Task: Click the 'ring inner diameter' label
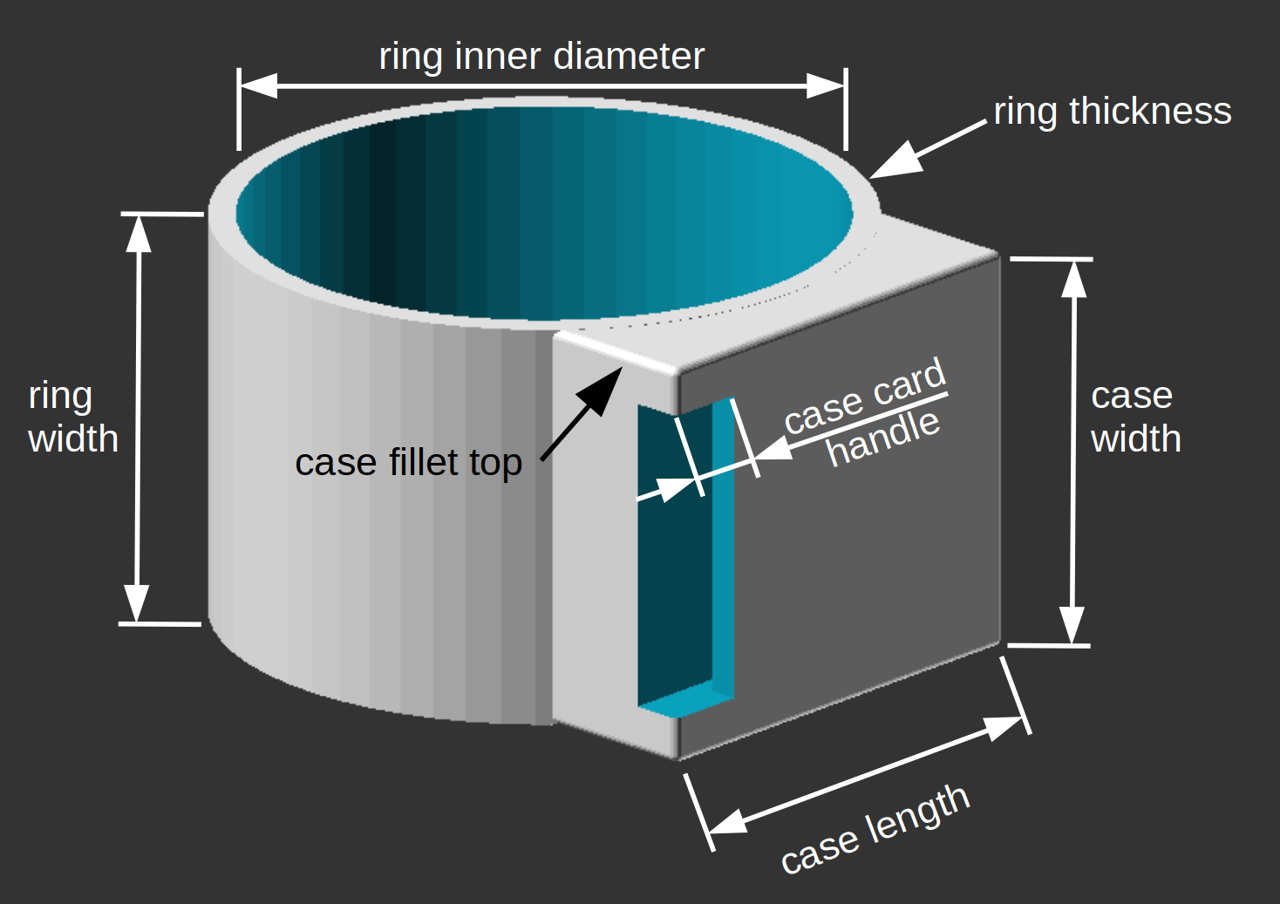[x=541, y=57]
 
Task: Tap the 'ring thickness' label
[x=1113, y=112]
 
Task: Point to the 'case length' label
[x=875, y=829]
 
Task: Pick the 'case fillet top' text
[x=408, y=462]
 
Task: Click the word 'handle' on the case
[x=883, y=438]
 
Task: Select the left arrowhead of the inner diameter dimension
[x=258, y=85]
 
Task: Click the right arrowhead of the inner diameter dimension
[x=826, y=85]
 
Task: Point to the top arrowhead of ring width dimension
[x=139, y=233]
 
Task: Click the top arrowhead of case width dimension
[x=1074, y=278]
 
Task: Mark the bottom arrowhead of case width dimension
[x=1072, y=626]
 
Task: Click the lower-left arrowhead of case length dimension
[x=725, y=822]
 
